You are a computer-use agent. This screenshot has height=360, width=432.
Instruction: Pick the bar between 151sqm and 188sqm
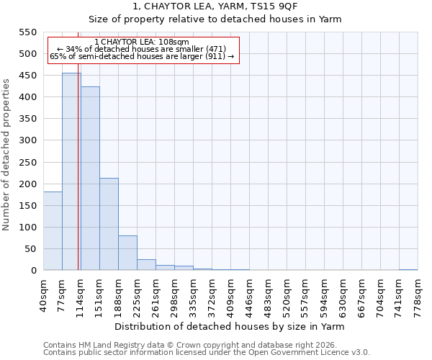(109, 224)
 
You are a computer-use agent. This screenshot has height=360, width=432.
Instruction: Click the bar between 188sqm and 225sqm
(127, 253)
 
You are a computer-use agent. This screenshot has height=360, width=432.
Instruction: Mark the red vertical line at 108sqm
(78, 180)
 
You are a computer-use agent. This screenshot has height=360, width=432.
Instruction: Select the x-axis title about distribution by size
(230, 327)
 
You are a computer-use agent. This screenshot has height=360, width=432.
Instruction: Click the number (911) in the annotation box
(215, 56)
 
